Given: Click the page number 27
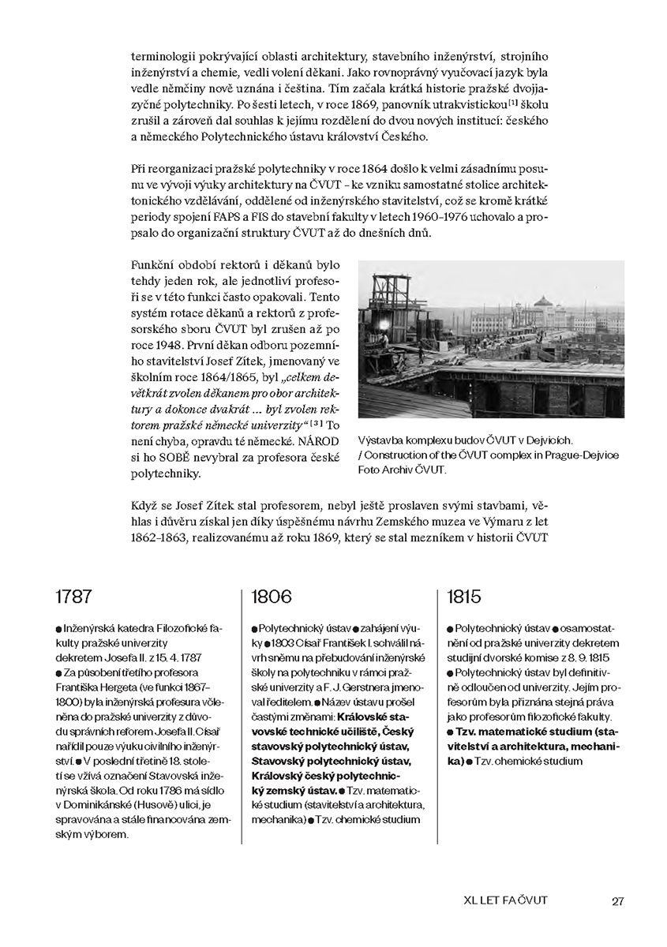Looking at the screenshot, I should (x=618, y=900).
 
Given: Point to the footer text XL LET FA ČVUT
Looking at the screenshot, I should (x=506, y=900).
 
